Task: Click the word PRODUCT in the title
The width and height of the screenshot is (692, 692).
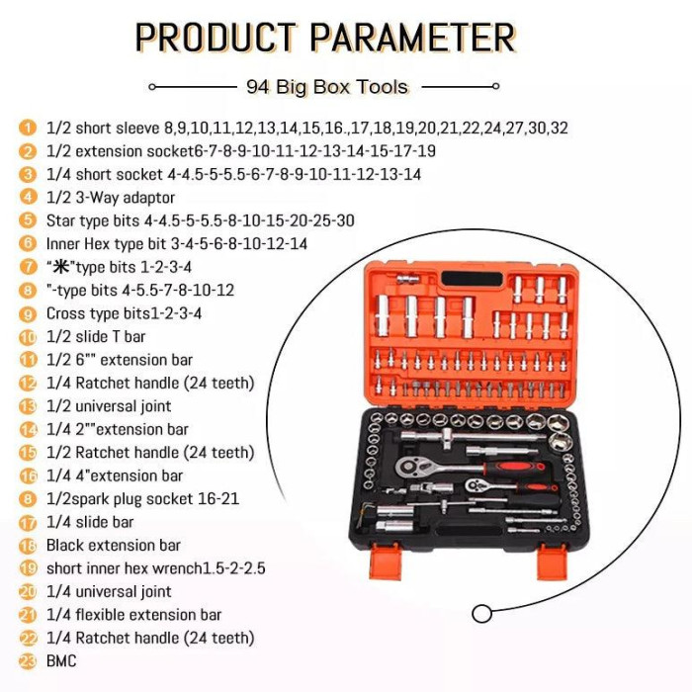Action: [x=216, y=38]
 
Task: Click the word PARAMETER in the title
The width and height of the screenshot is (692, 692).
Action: [x=413, y=38]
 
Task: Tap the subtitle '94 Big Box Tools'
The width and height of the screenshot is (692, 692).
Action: [x=327, y=87]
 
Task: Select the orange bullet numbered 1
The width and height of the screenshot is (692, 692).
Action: [x=28, y=128]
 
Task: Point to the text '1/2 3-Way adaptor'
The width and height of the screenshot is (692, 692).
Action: [x=111, y=198]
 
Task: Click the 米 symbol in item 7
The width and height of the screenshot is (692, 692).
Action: [x=61, y=266]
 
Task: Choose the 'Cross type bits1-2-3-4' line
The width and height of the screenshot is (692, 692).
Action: [x=124, y=313]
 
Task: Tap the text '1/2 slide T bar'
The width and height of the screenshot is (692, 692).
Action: [x=96, y=337]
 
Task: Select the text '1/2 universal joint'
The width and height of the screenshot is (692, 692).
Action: [x=109, y=406]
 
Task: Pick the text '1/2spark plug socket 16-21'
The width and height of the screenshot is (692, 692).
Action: [x=142, y=498]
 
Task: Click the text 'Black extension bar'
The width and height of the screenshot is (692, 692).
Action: [x=114, y=545]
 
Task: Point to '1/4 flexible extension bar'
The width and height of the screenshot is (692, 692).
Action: [x=133, y=614]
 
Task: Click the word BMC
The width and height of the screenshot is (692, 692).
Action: [x=61, y=660]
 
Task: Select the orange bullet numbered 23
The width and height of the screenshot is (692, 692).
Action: [x=28, y=661]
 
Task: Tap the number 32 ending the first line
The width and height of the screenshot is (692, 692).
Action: [x=559, y=128]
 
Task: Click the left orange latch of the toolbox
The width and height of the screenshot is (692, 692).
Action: [x=385, y=561]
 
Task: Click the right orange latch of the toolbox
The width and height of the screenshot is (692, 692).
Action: [x=552, y=561]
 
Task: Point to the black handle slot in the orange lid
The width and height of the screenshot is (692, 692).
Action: [x=472, y=279]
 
